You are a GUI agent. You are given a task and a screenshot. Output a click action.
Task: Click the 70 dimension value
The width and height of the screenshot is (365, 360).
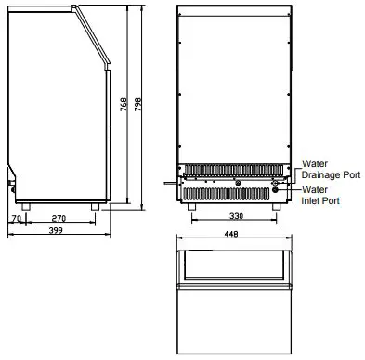point(16,221)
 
